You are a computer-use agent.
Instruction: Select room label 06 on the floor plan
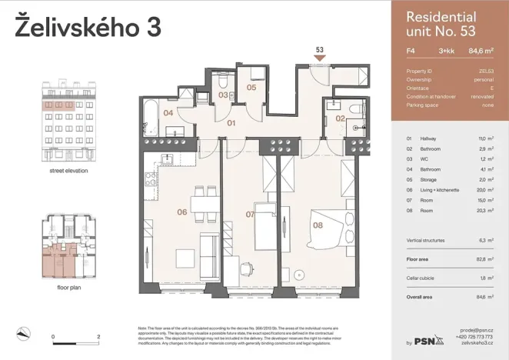coord(181,212)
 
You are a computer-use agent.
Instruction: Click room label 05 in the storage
coord(251,88)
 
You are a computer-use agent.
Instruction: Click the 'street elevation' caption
coord(68,171)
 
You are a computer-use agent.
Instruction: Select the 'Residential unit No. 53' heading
coord(441,24)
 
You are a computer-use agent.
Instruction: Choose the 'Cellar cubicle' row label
coord(425,278)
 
